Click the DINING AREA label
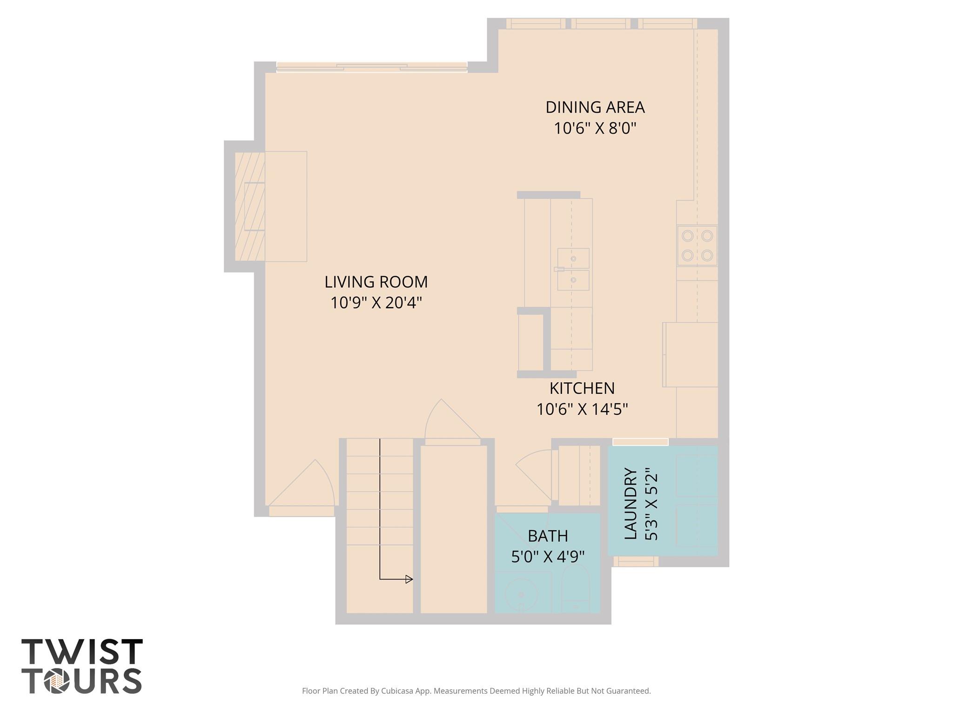(595, 107)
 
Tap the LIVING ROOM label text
(376, 282)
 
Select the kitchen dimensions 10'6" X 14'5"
(582, 409)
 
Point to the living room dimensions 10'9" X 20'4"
(376, 303)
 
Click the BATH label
(548, 536)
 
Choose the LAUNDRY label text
(631, 504)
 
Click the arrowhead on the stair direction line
(409, 579)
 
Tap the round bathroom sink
(522, 595)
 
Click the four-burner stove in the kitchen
(697, 246)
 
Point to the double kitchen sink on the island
(573, 270)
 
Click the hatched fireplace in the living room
(249, 206)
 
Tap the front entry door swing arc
(307, 486)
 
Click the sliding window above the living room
(371, 68)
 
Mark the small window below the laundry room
(635, 562)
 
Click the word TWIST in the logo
(82, 652)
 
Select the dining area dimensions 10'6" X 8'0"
(595, 128)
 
